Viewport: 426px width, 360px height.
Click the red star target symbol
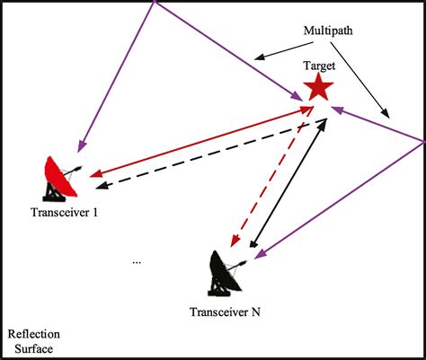click(318, 87)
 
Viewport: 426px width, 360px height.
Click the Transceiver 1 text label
click(65, 214)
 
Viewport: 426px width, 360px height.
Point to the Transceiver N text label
click(226, 312)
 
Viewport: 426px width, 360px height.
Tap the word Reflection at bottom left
click(33, 333)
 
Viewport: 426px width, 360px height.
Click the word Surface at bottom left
click(33, 348)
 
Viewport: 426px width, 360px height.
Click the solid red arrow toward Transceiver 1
click(198, 139)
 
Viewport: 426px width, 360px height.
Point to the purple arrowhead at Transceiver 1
click(82, 145)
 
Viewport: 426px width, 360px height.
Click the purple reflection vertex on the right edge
click(422, 140)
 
